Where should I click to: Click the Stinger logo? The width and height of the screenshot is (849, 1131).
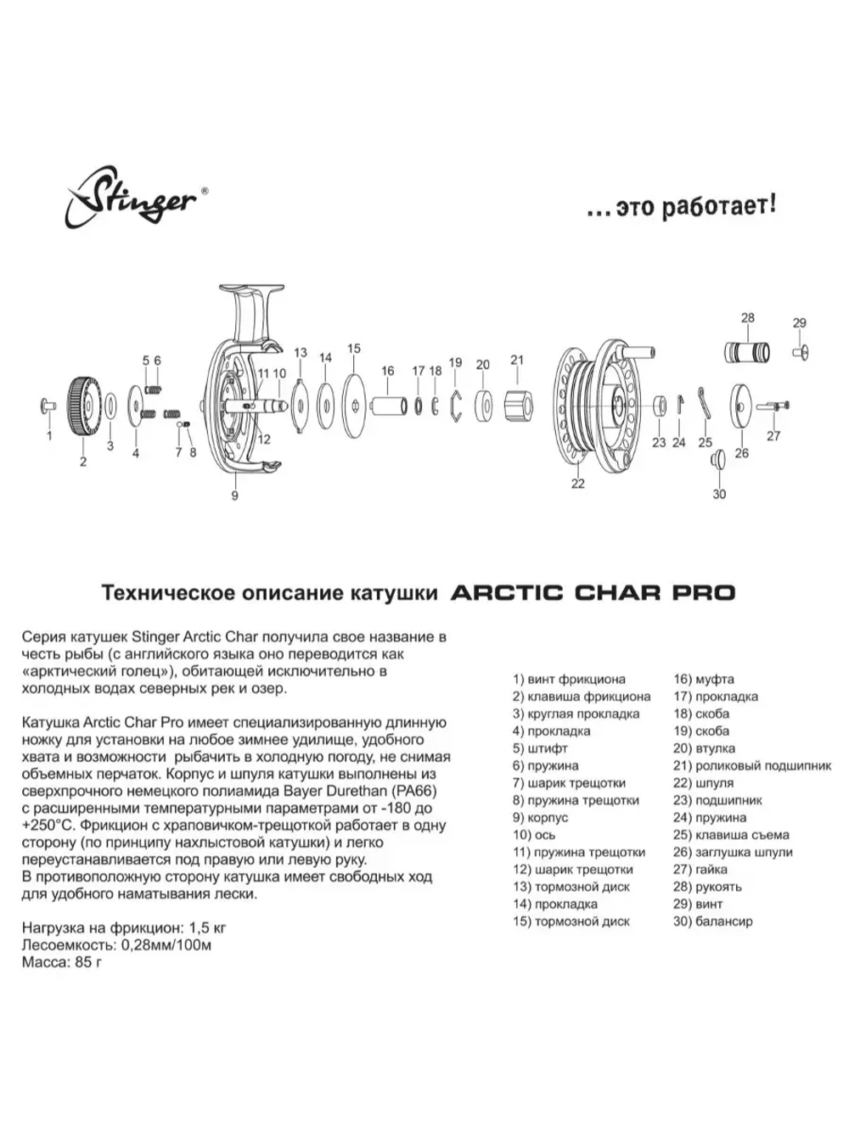132,199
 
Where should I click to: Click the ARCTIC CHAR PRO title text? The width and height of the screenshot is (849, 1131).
592,592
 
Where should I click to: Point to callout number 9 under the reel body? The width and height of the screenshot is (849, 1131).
235,496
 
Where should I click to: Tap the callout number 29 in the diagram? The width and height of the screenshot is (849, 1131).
799,323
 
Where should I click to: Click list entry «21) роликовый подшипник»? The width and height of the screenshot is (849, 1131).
751,765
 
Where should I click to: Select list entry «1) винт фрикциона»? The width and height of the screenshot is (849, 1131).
569,679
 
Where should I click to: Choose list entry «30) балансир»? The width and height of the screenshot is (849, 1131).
712,921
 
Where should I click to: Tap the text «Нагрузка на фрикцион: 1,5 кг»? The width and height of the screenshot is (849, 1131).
124,927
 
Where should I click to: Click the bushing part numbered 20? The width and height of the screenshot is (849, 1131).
485,406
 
